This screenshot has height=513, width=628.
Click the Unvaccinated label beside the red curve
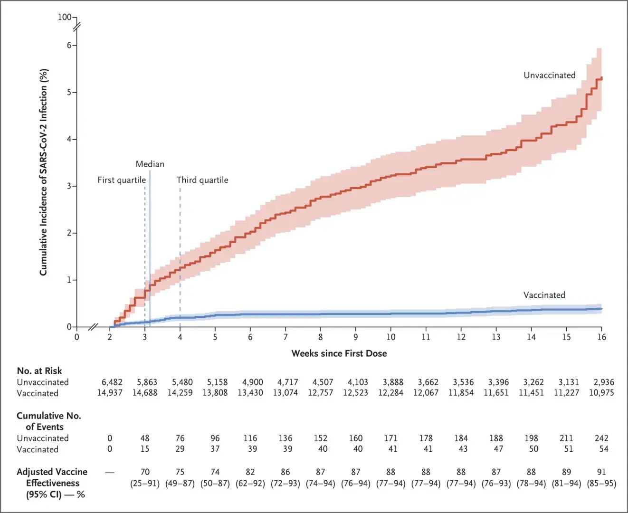click(549, 76)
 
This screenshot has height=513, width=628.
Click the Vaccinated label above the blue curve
click(544, 295)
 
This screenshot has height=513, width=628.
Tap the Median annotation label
click(150, 164)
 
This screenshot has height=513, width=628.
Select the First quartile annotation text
click(122, 180)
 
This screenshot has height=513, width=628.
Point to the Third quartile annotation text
click(202, 180)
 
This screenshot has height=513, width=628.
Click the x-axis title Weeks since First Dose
click(339, 353)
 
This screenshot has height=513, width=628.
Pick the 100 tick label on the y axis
click(64, 17)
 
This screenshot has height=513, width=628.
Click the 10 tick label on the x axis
click(390, 337)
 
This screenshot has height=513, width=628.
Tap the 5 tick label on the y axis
click(69, 92)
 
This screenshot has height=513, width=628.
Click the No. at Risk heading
click(39, 371)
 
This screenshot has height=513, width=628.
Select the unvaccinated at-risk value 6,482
click(112, 382)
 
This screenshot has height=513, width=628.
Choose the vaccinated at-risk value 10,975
click(601, 393)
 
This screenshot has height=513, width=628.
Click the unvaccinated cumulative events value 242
click(601, 438)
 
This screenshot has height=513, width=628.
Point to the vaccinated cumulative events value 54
click(603, 449)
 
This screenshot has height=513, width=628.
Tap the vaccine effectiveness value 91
click(601, 472)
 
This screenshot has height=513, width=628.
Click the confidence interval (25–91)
click(145, 484)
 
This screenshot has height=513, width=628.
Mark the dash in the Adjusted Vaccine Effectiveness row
click(110, 472)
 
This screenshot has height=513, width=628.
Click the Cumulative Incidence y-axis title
click(44, 172)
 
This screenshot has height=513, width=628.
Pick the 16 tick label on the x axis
click(601, 337)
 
